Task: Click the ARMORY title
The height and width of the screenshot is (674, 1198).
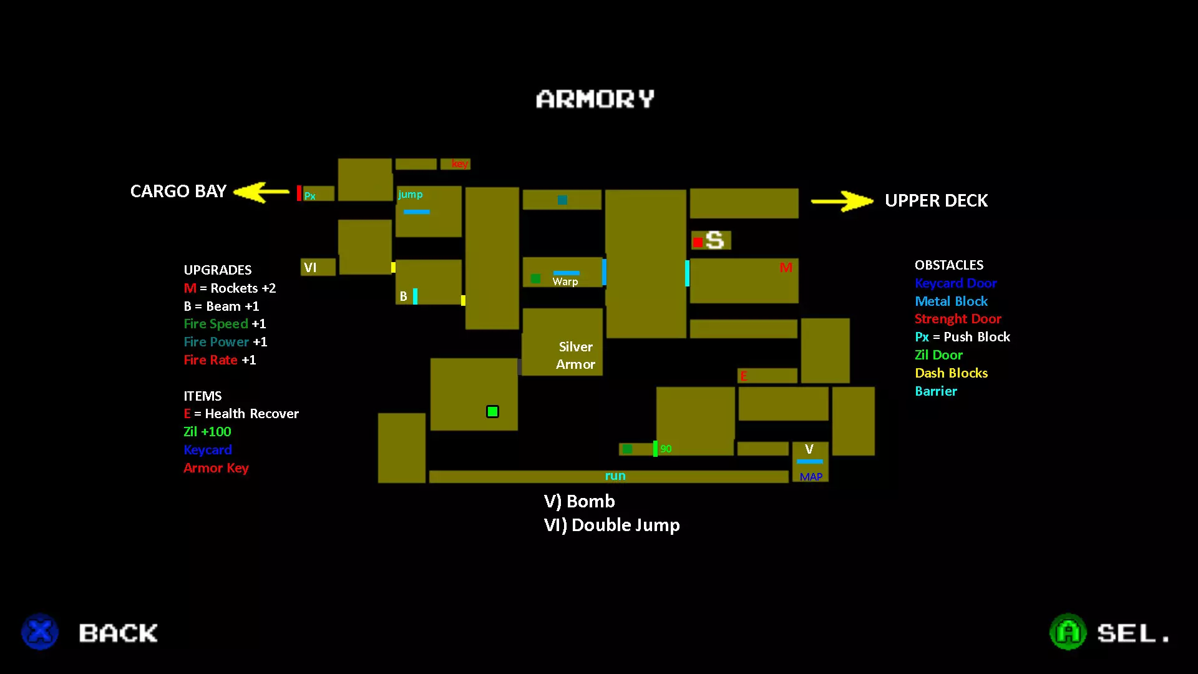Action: (595, 99)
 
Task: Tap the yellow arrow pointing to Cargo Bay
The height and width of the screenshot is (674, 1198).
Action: (261, 192)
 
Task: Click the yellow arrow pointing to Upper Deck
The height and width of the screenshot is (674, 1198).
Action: (842, 201)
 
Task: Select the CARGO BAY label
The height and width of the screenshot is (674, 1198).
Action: (178, 191)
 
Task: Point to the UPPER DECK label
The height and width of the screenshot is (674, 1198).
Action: (936, 200)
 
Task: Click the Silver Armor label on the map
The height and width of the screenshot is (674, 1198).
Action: (575, 355)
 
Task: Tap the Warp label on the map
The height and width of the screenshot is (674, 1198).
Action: (565, 281)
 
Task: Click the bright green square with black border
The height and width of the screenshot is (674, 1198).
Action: (492, 411)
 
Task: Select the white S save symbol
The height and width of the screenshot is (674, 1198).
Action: (715, 240)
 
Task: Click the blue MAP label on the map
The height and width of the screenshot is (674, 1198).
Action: (811, 477)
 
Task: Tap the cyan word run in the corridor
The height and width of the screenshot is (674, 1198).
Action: (615, 476)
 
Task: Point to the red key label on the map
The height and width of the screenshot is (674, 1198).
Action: (459, 164)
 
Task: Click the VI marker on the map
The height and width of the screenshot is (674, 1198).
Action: (310, 268)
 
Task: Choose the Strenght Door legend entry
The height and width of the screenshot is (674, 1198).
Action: (958, 319)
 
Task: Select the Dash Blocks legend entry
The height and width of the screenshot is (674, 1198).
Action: (951, 373)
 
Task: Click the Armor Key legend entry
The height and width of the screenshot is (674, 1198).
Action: (216, 468)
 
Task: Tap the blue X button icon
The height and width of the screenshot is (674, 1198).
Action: (40, 632)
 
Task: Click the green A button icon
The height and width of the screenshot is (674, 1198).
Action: (1068, 632)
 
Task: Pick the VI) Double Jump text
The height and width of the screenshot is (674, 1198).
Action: (611, 525)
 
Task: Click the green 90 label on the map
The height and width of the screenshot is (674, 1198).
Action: (666, 449)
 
